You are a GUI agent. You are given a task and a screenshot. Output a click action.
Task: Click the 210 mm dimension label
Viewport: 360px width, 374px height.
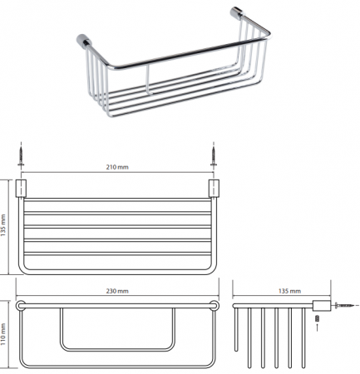click(x=117, y=167)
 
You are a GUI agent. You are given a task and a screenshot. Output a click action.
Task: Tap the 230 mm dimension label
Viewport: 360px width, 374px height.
click(x=117, y=291)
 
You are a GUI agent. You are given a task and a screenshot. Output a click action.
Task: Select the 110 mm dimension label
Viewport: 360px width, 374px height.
click(x=3, y=334)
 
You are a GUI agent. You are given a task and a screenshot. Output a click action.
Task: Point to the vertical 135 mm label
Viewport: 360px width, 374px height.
click(x=3, y=225)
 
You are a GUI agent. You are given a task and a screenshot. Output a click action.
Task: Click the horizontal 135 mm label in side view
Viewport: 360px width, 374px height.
click(x=289, y=291)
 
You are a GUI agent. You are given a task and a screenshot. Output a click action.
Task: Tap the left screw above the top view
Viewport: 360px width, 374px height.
click(x=21, y=157)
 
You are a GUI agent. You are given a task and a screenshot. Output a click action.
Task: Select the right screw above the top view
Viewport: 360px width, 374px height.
click(x=214, y=157)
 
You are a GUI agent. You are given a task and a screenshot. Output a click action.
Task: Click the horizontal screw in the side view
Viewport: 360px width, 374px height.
click(x=344, y=305)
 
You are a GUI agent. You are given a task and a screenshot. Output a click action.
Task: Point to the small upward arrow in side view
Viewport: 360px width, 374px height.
click(x=318, y=327)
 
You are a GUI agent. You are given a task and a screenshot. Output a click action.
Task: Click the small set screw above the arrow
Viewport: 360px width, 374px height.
click(x=318, y=318)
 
